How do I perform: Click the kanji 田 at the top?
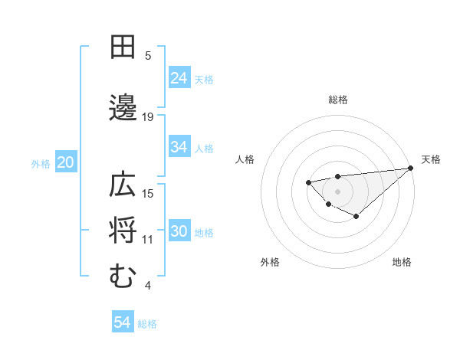123,47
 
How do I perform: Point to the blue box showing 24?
179,77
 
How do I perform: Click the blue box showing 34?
179,147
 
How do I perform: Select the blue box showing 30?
179,232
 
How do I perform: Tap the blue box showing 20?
65,162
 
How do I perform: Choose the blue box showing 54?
122,322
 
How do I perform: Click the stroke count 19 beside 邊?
148,116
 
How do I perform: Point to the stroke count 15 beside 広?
148,193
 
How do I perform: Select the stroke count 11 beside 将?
148,240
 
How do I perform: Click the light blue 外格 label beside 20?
41,163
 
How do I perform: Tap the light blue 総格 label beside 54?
147,324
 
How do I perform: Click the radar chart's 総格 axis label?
337,100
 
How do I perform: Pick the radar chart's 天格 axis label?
431,159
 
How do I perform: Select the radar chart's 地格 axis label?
402,262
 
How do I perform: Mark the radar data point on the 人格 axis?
308,182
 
